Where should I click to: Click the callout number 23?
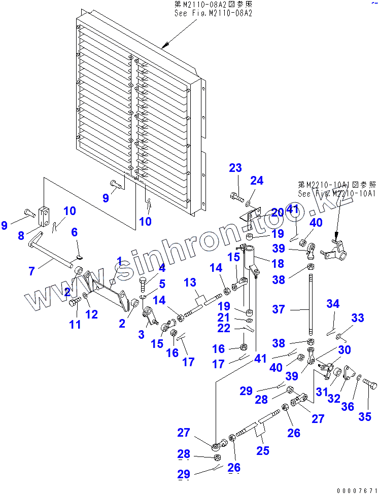(235, 169)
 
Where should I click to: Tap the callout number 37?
(279, 309)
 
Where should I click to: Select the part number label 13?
(190, 282)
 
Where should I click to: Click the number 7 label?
(32, 271)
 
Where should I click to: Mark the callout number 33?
(358, 318)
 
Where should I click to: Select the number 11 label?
(75, 324)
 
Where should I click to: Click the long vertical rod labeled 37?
(308, 307)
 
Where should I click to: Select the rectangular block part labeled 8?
(44, 216)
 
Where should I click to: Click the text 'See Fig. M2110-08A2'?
(207, 13)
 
